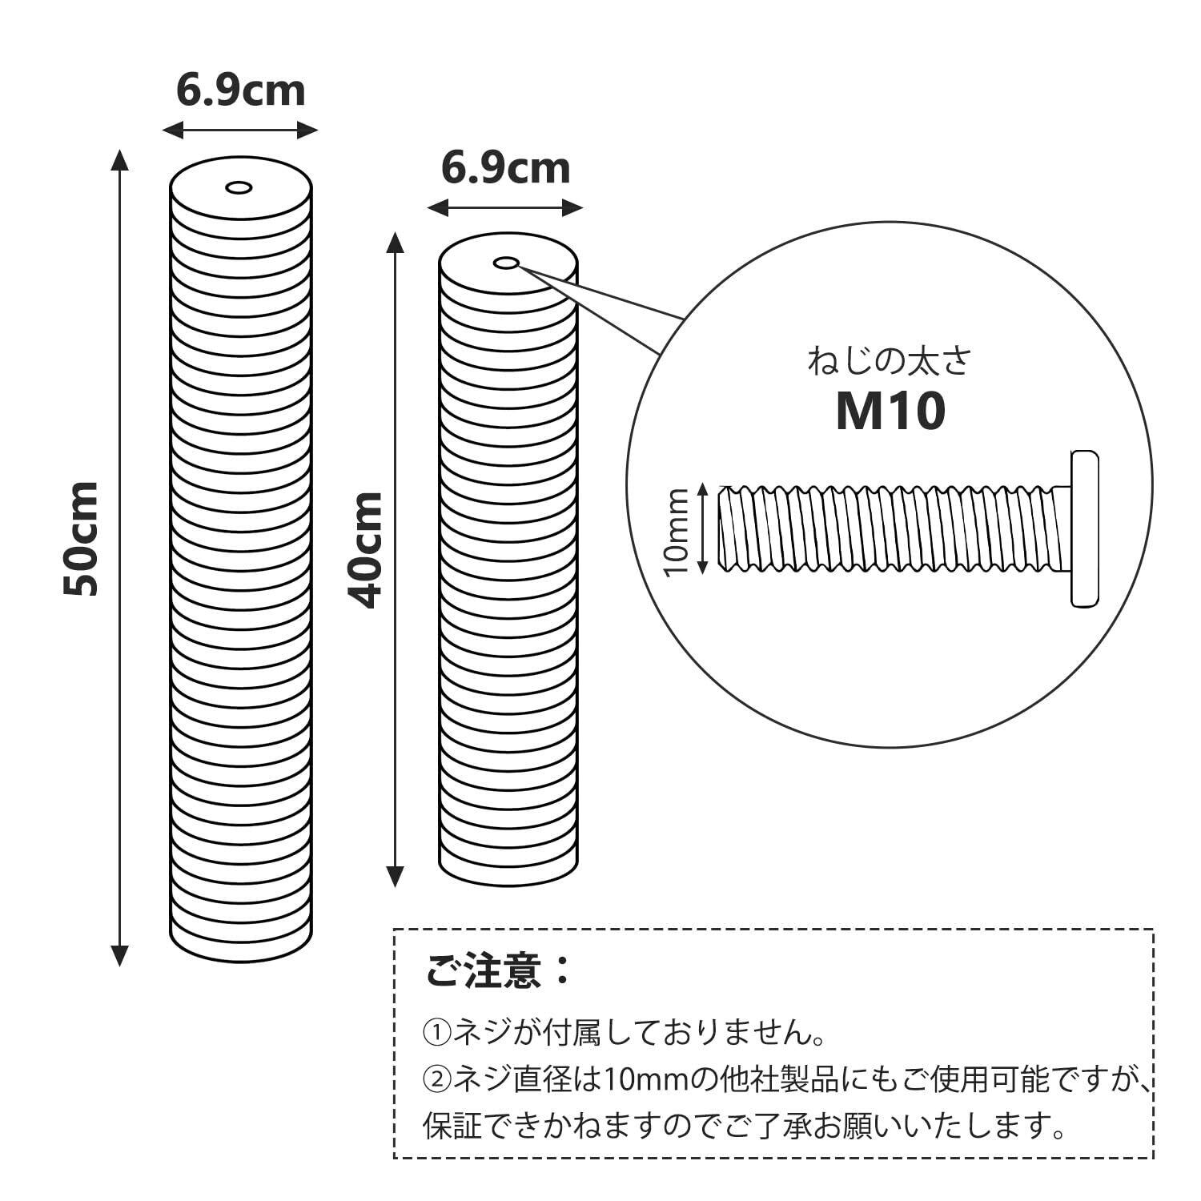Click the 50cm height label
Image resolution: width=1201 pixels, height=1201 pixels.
(x=82, y=539)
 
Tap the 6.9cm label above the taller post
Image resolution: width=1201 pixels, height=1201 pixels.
(x=241, y=90)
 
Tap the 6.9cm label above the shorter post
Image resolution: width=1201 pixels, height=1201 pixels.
(x=506, y=168)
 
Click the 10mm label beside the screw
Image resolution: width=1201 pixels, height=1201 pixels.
(x=677, y=530)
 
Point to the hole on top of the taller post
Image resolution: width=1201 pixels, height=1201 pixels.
(x=239, y=188)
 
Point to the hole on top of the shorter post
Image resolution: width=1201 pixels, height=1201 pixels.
(x=506, y=263)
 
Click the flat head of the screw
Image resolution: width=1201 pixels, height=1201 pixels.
(x=1084, y=528)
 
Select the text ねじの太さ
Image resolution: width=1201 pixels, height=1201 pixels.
(x=889, y=361)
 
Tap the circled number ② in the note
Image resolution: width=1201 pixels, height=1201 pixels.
(x=437, y=1081)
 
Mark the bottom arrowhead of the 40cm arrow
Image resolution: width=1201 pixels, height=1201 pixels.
(x=395, y=877)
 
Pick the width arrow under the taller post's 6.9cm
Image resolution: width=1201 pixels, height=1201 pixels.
(x=240, y=130)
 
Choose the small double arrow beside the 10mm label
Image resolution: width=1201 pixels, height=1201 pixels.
(x=702, y=528)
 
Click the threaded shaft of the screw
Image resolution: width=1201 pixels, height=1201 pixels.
(x=889, y=528)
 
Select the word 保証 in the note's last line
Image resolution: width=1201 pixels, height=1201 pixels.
(x=453, y=1127)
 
